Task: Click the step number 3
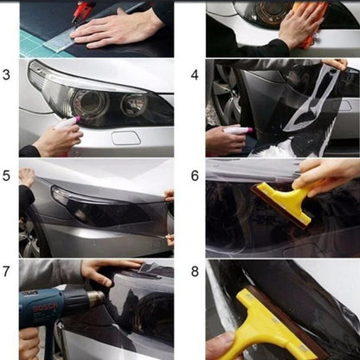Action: coord(7,74)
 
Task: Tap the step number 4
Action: coord(195,74)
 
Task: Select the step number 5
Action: coord(7,175)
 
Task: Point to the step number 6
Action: coord(195,175)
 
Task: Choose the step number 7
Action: coord(7,272)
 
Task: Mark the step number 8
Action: coord(195,272)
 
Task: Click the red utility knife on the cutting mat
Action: coord(84,10)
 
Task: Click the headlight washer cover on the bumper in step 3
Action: coord(126,137)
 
